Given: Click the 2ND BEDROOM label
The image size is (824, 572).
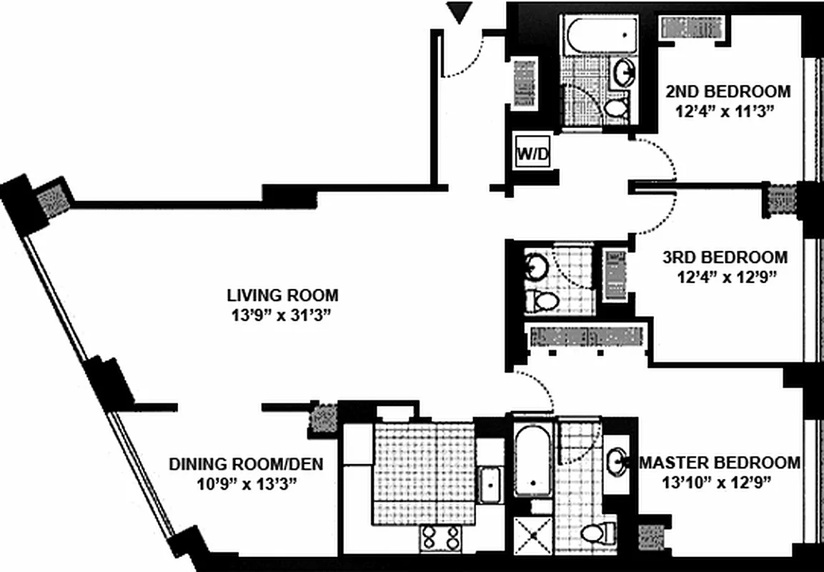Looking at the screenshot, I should pyautogui.click(x=728, y=92).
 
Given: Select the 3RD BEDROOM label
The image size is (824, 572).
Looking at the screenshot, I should pyautogui.click(x=724, y=257).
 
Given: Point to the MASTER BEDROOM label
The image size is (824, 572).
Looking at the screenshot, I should pyautogui.click(x=720, y=462).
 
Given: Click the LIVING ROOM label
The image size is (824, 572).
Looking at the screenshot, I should pyautogui.click(x=283, y=295).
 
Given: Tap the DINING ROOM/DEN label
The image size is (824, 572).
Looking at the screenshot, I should pyautogui.click(x=246, y=464).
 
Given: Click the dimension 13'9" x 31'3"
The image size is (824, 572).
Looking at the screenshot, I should pyautogui.click(x=283, y=314).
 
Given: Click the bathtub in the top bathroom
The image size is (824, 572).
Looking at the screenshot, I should pyautogui.click(x=601, y=32).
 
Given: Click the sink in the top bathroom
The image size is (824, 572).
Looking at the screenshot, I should pyautogui.click(x=624, y=71).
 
